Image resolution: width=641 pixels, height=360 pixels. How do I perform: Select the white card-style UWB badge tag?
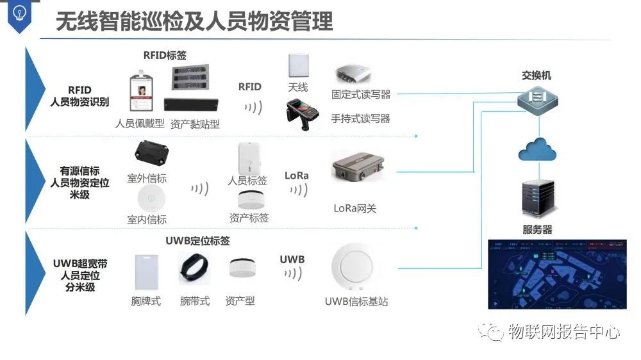click(146, 272)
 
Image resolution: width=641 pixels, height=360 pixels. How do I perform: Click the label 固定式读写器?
click(361, 94)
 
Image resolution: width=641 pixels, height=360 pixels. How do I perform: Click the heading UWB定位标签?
click(197, 241)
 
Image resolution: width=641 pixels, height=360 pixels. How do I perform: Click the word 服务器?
click(537, 229)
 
